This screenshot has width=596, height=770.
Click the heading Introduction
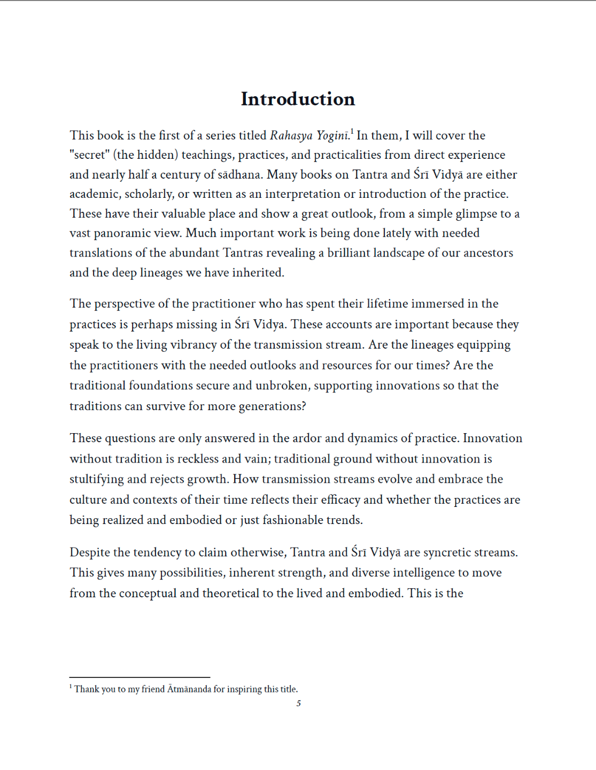[298, 99]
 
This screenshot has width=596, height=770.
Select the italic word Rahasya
[291, 136]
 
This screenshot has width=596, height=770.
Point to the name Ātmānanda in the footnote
[189, 689]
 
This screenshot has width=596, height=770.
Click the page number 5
[299, 704]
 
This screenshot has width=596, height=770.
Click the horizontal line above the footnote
[140, 677]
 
